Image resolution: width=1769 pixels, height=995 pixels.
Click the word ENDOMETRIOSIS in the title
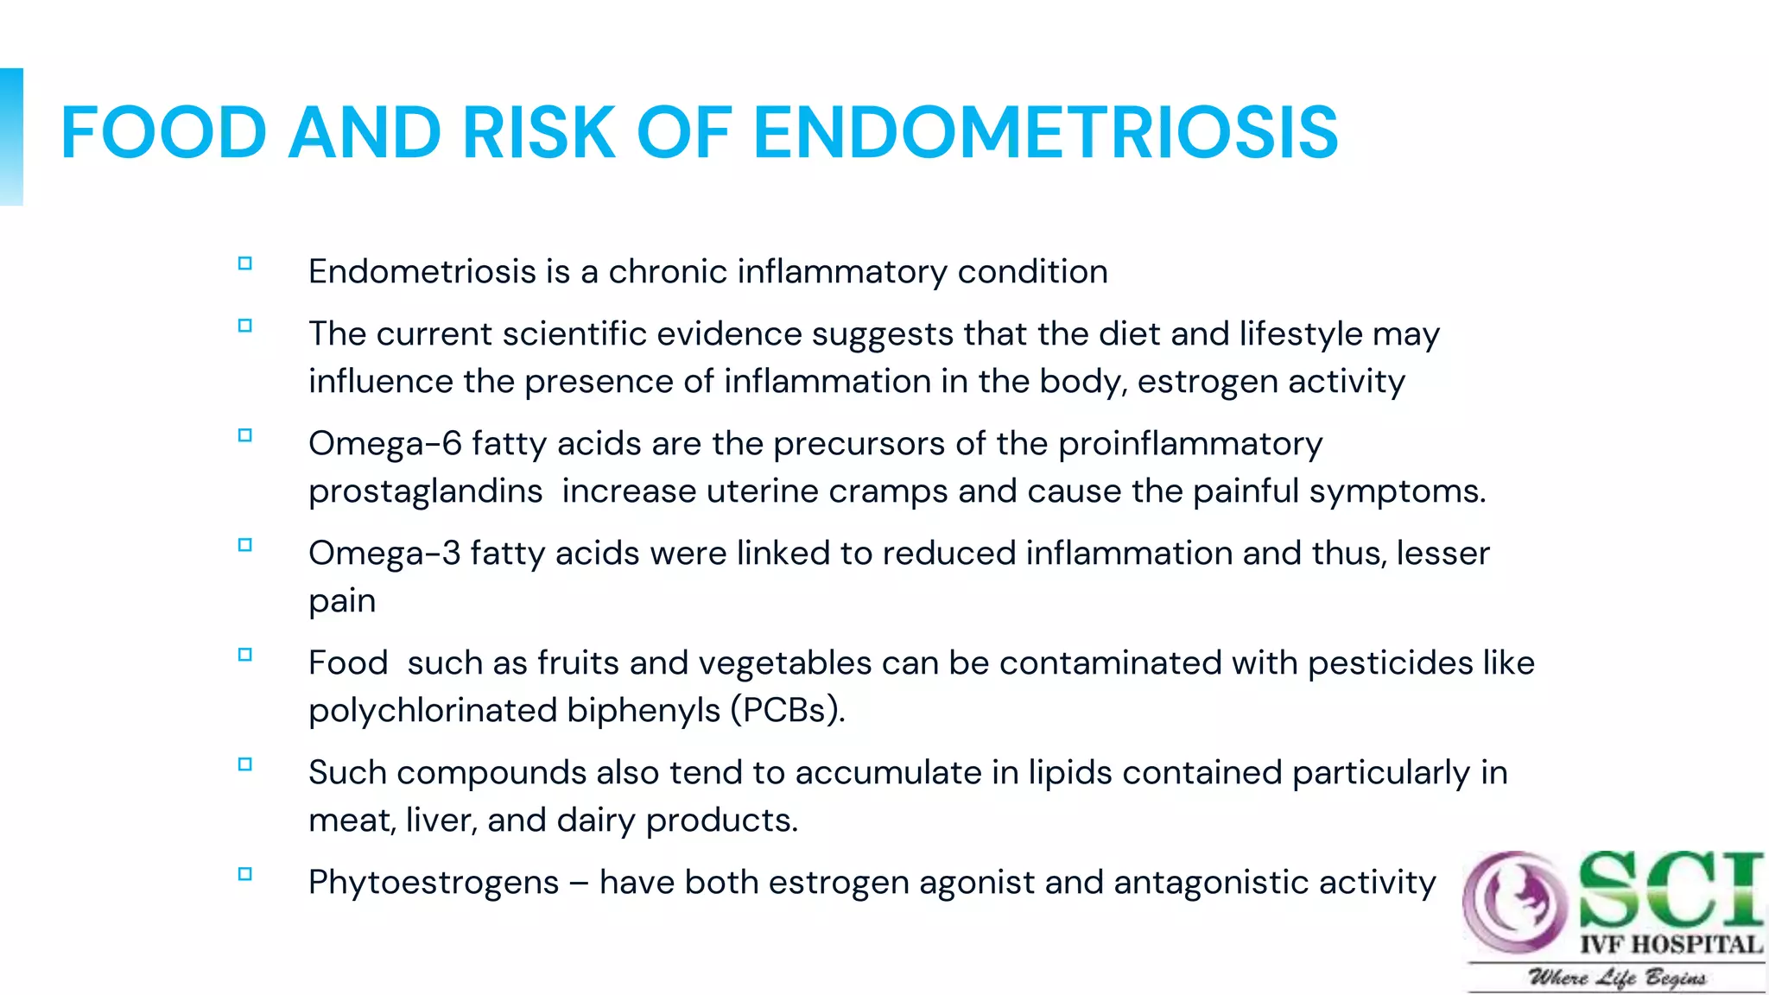click(1045, 132)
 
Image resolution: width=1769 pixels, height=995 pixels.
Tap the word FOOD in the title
click(163, 132)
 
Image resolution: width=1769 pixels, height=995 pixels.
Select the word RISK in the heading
click(538, 132)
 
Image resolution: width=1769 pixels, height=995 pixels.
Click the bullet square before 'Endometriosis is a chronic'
click(245, 264)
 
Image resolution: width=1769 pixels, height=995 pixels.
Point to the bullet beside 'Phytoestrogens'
click(245, 874)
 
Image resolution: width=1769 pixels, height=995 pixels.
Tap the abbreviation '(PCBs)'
click(787, 711)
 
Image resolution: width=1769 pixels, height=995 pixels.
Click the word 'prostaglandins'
click(425, 491)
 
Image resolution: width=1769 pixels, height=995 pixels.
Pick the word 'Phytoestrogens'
click(434, 883)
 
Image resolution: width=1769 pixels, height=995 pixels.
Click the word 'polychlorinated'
click(432, 711)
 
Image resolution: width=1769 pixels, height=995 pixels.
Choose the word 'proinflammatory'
click(1190, 444)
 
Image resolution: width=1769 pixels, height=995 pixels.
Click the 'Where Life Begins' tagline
click(1617, 978)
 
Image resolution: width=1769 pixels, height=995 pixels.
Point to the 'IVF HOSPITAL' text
click(1671, 944)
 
